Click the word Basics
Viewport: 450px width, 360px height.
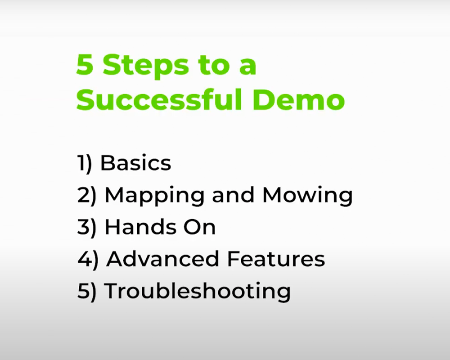pos(135,163)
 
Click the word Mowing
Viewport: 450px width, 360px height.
pos(307,196)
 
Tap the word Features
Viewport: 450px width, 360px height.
pos(275,259)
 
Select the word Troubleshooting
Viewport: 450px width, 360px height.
pos(197,292)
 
